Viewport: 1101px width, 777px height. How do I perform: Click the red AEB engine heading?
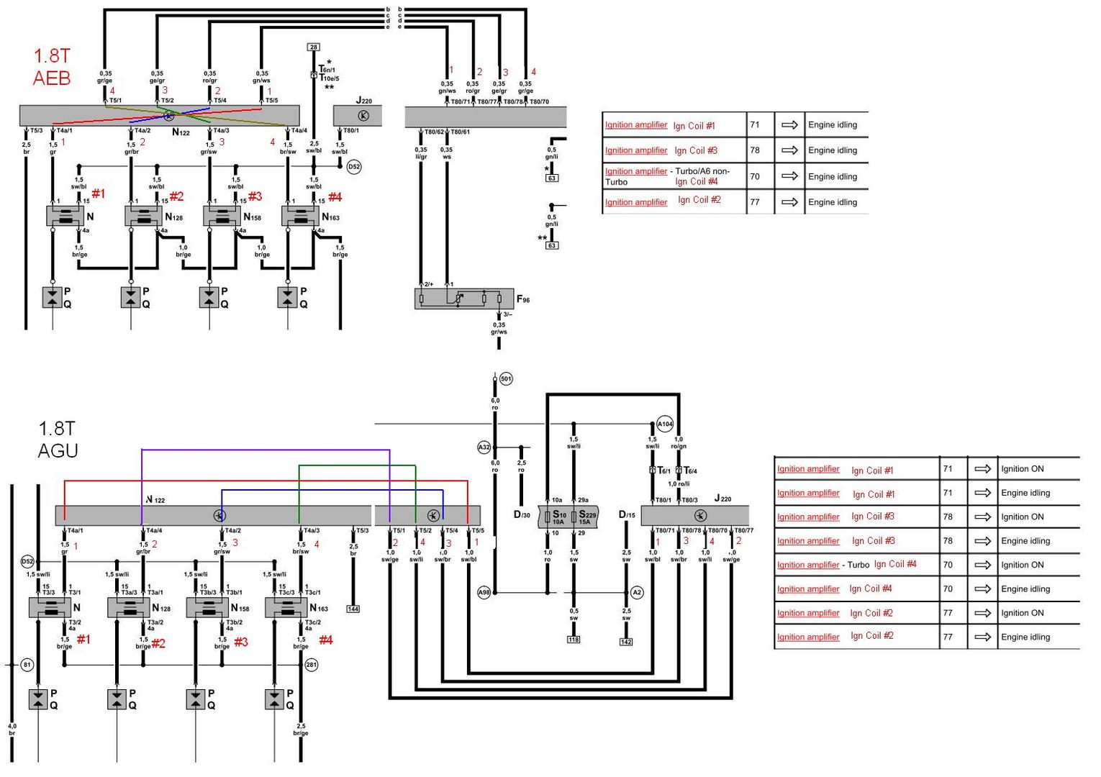[x=52, y=67]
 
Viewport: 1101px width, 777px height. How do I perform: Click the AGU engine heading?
[x=58, y=440]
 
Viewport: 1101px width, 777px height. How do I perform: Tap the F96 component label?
[x=522, y=299]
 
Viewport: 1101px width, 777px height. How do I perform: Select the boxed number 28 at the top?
[x=313, y=47]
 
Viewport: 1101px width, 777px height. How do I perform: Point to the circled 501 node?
[x=506, y=378]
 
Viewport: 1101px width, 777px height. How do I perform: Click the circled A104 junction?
[x=665, y=424]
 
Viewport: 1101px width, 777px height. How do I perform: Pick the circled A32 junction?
[x=484, y=447]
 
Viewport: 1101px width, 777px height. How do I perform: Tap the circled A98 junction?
[x=484, y=593]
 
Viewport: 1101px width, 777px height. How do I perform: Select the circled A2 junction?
[x=636, y=593]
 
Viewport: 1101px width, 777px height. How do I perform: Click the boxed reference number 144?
[x=353, y=609]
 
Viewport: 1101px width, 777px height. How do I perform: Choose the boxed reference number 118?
[x=574, y=640]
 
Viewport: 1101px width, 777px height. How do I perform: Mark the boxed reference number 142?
[x=626, y=642]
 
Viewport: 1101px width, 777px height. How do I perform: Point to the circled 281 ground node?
[x=311, y=665]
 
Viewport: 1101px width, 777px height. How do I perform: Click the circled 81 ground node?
[x=27, y=665]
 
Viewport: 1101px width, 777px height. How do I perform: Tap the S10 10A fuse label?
[x=559, y=518]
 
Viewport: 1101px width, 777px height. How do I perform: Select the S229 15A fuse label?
[x=587, y=518]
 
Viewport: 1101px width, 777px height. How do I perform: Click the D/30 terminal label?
[x=522, y=515]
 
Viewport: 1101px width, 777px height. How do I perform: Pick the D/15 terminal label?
[x=627, y=515]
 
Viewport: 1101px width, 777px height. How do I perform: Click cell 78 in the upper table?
[x=755, y=150]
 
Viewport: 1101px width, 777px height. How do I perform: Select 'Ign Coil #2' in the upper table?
[x=699, y=200]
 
